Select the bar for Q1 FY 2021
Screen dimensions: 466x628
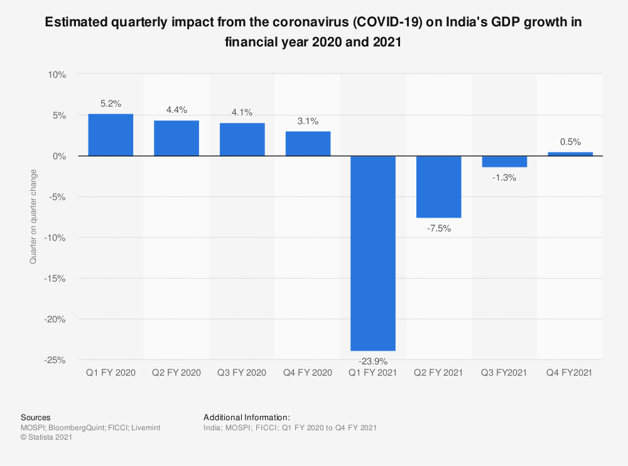373,253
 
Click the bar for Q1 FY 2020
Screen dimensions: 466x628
111,134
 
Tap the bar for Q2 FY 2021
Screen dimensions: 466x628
438,187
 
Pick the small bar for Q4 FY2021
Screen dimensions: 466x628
570,154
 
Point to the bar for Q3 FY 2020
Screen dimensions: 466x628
242,139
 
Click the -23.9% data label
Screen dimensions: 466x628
373,361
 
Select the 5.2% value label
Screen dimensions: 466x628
111,103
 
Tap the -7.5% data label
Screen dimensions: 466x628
438,228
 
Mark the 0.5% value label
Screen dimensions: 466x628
570,142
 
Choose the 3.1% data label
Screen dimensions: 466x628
308,120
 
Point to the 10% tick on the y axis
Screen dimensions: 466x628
57,75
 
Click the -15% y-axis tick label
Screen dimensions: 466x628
55,278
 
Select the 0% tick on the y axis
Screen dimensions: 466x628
59,156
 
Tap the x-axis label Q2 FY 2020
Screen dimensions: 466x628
176,373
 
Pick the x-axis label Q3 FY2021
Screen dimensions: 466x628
504,373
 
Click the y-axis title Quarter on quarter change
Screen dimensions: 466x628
33,216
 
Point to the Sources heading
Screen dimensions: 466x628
36,417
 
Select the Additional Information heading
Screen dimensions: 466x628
247,417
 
